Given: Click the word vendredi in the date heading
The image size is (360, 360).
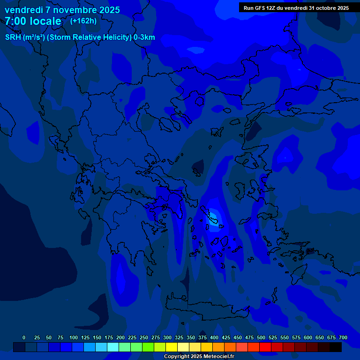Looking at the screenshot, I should (x=22, y=10).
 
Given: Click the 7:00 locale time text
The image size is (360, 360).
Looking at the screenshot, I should (x=33, y=21).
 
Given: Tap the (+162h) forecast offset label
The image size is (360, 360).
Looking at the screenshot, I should (x=83, y=21).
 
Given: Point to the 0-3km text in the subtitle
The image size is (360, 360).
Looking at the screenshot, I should (x=144, y=37).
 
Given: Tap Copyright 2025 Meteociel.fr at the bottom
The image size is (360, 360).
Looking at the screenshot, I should (x=199, y=356).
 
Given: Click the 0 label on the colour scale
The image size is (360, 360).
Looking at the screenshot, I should (x=24, y=337).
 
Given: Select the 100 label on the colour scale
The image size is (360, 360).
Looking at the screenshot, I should (x=74, y=337).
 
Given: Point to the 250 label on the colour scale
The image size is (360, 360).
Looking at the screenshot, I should (x=144, y=337).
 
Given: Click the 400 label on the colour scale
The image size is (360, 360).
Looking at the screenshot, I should (x=214, y=337).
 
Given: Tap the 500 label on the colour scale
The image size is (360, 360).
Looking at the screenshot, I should (x=261, y=337).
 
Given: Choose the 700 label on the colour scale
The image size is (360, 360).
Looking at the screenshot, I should (x=343, y=337).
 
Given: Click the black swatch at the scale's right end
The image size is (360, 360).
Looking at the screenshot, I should (x=336, y=347).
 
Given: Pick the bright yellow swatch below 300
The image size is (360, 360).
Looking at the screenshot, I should (x=172, y=347).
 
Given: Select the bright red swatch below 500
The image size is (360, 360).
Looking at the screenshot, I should (x=265, y=347).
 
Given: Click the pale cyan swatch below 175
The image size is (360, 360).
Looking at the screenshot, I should (x=113, y=347).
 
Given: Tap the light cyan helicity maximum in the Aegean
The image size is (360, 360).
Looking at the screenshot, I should (x=214, y=217).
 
